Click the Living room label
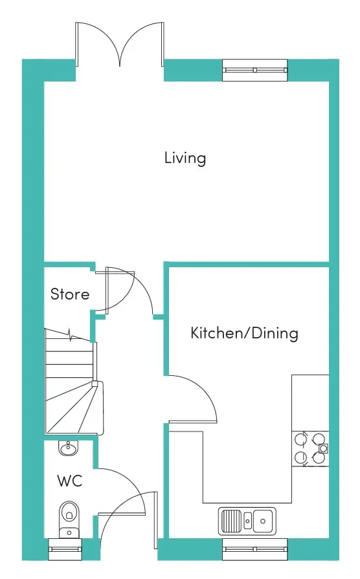coord(185,158)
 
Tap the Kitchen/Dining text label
coord(244,333)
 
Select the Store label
coord(70,294)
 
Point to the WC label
coord(69,481)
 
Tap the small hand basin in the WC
coord(68,448)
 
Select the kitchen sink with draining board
coord(247,521)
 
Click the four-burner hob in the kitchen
coord(311,448)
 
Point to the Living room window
coord(254,70)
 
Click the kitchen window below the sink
coord(254,549)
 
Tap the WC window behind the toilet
coord(65,549)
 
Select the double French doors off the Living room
coord(120,44)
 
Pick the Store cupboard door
coord(106,291)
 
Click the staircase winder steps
coord(74,408)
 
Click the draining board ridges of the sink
coord(231,521)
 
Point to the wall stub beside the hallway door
coord(159,316)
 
